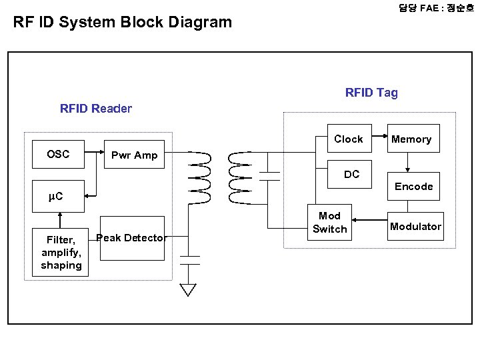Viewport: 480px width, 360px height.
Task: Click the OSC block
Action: click(x=58, y=155)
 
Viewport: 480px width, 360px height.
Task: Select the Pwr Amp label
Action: click(x=134, y=155)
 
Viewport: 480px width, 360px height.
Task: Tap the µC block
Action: click(x=57, y=197)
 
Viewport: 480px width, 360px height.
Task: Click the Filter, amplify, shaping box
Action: click(x=61, y=252)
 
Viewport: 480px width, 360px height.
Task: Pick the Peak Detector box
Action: click(x=131, y=238)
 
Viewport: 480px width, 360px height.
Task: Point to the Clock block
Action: click(x=348, y=139)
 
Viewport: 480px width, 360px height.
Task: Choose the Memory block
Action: click(x=411, y=139)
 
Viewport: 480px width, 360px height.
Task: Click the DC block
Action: click(x=351, y=175)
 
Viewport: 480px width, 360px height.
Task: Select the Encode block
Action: click(x=413, y=187)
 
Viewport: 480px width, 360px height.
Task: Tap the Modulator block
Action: click(x=415, y=227)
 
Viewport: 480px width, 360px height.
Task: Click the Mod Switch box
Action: click(x=330, y=223)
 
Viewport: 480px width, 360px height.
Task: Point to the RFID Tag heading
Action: click(x=371, y=93)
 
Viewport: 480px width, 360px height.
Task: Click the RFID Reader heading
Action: click(x=96, y=109)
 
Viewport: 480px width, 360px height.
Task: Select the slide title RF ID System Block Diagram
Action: click(x=123, y=22)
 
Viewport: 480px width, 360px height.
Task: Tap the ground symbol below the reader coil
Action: click(x=189, y=289)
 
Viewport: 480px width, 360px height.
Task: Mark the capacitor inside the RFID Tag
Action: click(x=269, y=175)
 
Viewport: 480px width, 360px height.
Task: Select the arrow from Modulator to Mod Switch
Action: click(x=368, y=220)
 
